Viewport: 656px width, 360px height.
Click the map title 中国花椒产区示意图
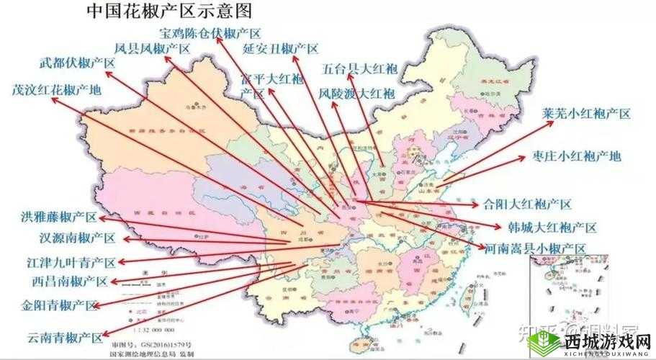point(171,12)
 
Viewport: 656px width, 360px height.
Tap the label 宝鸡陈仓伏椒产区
point(210,32)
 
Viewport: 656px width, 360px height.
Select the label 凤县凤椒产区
point(152,49)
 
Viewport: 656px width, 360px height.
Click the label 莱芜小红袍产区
point(586,114)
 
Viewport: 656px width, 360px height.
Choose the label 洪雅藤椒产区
point(58,217)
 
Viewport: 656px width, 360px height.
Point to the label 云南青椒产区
point(64,336)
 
